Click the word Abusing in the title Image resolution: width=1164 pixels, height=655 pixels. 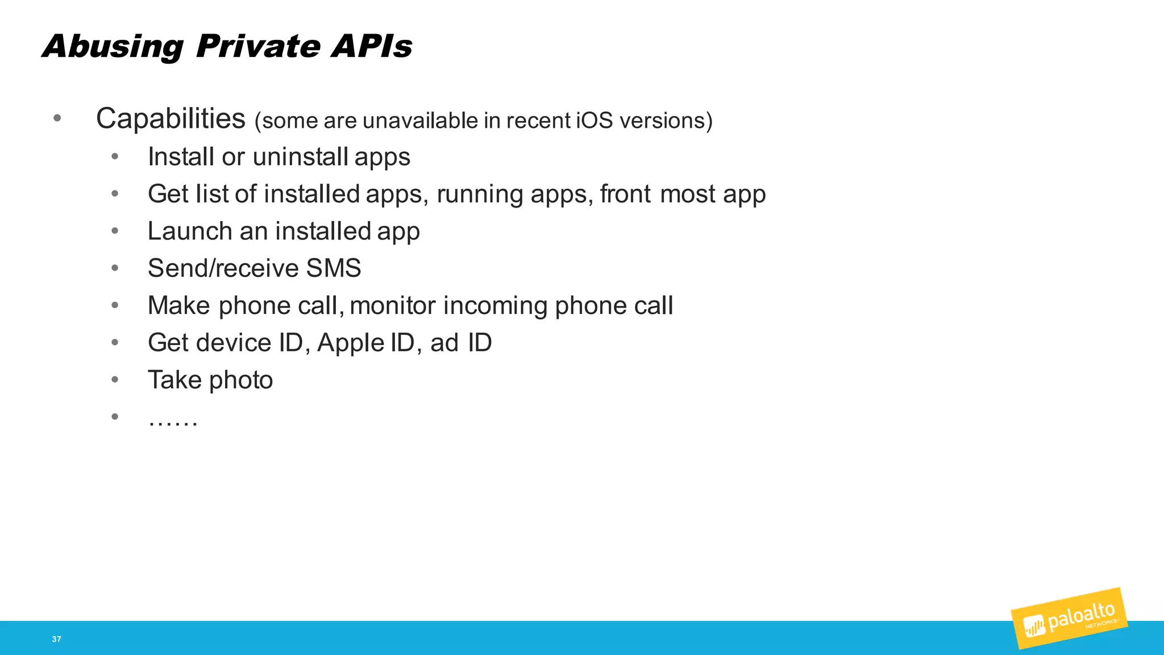[x=113, y=47]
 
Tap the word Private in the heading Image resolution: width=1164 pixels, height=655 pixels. [x=257, y=46]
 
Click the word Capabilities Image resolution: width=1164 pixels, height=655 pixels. [x=171, y=119]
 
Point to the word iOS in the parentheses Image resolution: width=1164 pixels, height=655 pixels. [x=595, y=121]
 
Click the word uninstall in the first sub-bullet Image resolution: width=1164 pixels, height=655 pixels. [x=300, y=157]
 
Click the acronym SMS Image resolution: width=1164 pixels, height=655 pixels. [x=334, y=268]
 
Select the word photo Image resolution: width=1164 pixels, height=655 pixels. [x=241, y=380]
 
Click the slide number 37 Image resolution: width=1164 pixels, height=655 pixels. [x=56, y=639]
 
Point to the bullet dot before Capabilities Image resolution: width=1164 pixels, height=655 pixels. [x=57, y=119]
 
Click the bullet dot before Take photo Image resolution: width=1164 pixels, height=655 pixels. [x=115, y=379]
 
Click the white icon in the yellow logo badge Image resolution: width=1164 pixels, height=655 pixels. [x=1034, y=627]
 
